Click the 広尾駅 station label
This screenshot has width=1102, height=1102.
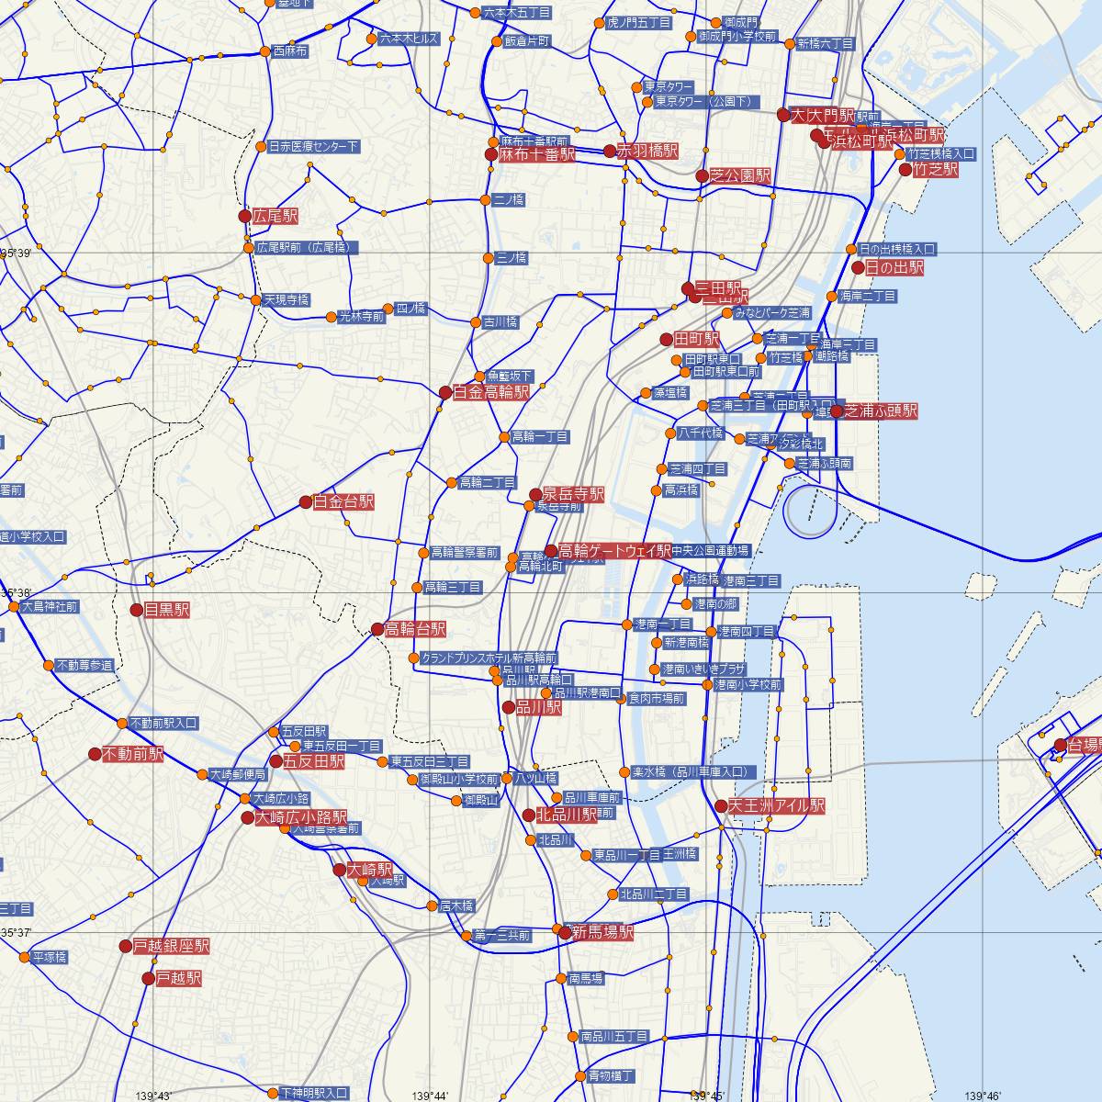(276, 217)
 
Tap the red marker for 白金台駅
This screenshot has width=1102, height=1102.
(306, 502)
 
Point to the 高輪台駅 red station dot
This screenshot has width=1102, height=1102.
(377, 629)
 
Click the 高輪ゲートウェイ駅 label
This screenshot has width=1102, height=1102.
(614, 551)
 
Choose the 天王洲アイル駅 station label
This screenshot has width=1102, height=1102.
(777, 806)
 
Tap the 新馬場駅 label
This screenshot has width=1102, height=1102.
(602, 932)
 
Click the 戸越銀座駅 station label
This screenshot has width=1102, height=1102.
(172, 946)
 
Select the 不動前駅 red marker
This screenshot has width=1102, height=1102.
(95, 754)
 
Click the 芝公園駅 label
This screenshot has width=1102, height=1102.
(740, 175)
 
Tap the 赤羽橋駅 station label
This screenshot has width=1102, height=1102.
(647, 151)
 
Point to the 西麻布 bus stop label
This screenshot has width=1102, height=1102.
(290, 51)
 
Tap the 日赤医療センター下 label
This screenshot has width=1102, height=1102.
(313, 147)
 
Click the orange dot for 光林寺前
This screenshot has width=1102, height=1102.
(332, 317)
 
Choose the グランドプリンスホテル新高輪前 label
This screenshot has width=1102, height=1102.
(489, 658)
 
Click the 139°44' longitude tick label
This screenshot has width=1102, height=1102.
(430, 1096)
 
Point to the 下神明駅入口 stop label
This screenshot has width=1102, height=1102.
(314, 1093)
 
